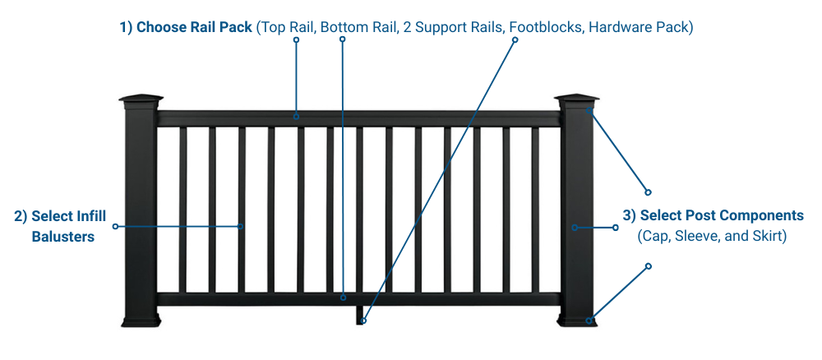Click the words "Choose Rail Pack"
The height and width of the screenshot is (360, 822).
pyautogui.click(x=194, y=27)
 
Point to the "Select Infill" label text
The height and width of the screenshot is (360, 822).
pyautogui.click(x=60, y=216)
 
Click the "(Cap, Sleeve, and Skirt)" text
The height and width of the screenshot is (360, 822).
pyautogui.click(x=712, y=237)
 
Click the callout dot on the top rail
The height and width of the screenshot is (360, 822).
pyautogui.click(x=297, y=116)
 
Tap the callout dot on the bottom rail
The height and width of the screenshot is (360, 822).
pyautogui.click(x=344, y=297)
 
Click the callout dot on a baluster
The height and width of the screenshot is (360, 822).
pyautogui.click(x=241, y=226)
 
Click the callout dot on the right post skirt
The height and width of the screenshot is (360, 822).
pyautogui.click(x=589, y=321)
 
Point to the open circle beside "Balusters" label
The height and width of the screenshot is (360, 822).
pyautogui.click(x=115, y=226)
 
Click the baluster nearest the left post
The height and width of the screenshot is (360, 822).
pyautogui.click(x=182, y=210)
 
